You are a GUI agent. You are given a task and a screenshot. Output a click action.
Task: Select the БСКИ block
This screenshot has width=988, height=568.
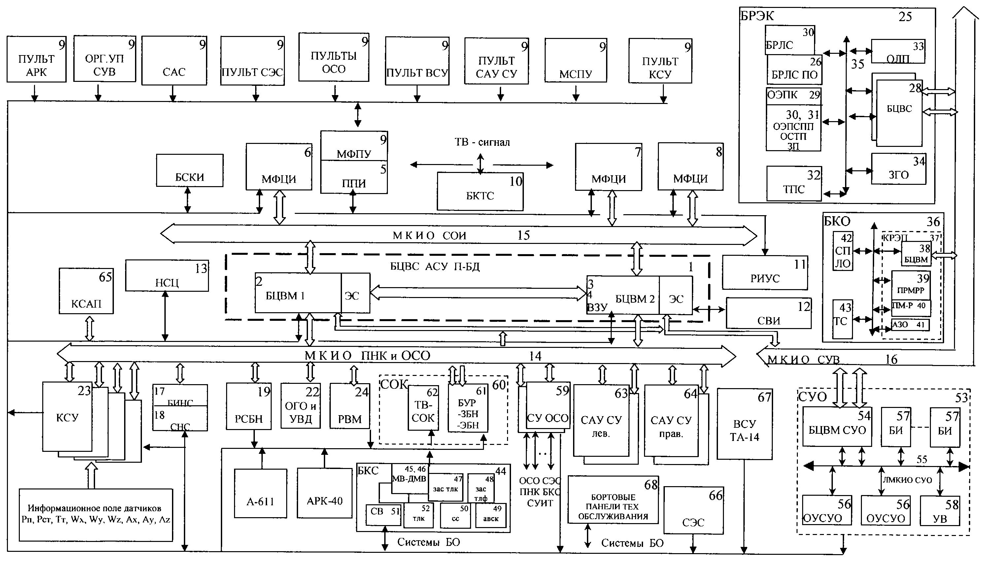tap(189, 171)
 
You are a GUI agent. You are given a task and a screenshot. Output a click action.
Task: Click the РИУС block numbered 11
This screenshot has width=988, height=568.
tap(765, 273)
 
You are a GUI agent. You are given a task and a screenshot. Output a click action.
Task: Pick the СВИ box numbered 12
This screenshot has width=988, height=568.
tap(768, 313)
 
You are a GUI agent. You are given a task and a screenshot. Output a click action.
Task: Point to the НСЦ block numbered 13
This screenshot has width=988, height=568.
tap(167, 276)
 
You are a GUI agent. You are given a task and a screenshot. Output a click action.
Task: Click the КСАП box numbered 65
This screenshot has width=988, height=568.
tap(86, 291)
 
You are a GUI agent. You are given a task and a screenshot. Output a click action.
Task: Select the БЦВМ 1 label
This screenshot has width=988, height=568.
tap(285, 295)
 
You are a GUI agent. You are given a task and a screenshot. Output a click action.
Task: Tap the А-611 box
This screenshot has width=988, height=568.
tap(260, 493)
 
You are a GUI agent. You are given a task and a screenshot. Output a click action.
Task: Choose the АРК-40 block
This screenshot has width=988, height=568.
tap(324, 493)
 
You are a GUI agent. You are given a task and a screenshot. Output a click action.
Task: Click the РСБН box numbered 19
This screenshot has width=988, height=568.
tap(249, 406)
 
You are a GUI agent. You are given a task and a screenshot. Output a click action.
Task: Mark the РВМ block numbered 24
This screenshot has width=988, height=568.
tap(350, 406)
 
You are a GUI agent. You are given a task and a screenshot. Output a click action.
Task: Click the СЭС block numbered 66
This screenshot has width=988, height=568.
tap(693, 510)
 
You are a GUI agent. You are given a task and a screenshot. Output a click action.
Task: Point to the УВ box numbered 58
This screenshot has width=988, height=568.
tap(939, 511)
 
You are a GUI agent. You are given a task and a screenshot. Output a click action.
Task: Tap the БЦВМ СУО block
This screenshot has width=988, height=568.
tap(837, 427)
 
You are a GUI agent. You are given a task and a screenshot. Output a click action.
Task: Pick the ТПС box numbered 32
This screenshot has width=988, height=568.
tap(794, 184)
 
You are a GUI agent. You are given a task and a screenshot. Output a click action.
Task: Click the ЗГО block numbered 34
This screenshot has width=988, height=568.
tap(898, 169)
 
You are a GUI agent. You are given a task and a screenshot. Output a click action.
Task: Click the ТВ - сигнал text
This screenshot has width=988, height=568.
tap(482, 142)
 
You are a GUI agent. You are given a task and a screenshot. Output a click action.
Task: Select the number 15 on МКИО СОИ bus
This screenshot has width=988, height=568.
tap(523, 235)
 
